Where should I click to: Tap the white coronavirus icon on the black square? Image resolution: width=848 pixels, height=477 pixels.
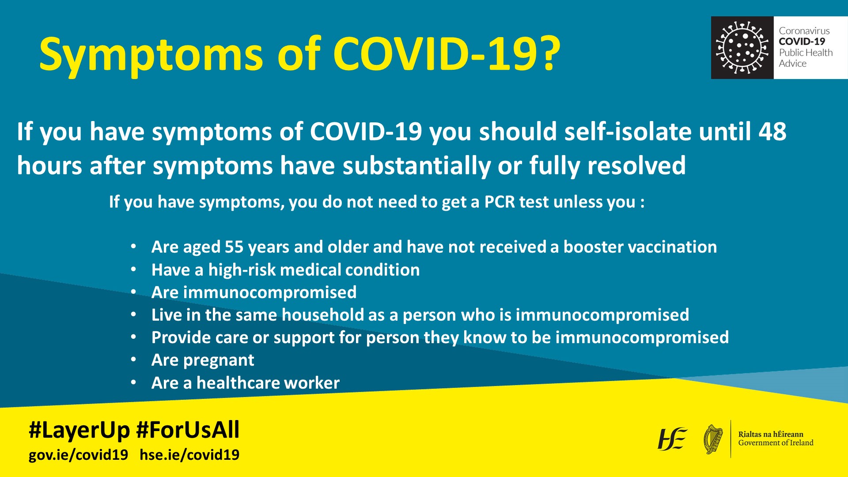[742, 47]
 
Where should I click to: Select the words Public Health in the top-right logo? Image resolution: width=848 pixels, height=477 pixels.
[806, 53]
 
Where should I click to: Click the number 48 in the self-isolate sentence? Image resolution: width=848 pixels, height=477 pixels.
[772, 132]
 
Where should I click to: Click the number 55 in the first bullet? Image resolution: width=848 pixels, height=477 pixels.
[234, 247]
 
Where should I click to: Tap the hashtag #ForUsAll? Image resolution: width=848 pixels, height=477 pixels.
[188, 429]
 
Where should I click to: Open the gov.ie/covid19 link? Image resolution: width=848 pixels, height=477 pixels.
[78, 454]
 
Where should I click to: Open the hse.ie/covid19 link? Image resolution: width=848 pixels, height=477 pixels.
[189, 454]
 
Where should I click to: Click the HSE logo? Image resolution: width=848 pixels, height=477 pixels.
[672, 439]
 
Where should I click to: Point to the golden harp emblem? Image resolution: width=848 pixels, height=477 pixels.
[713, 439]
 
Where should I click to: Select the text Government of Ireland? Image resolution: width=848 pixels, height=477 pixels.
[776, 443]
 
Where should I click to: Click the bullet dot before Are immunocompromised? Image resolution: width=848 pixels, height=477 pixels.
[133, 292]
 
